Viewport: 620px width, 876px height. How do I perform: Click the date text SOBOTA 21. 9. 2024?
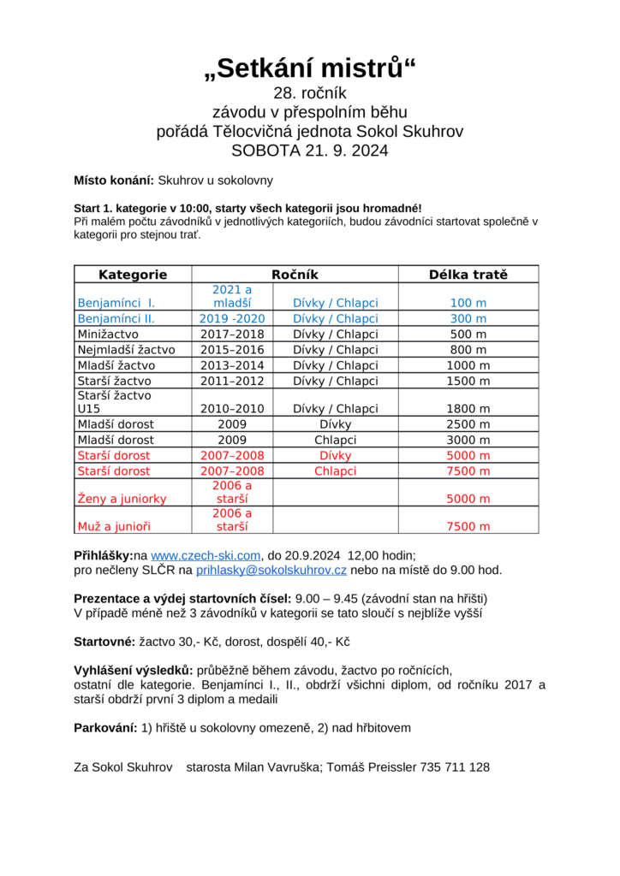[309, 151]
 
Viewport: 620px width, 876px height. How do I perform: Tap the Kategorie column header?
[133, 275]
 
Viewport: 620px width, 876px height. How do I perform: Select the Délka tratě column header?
[468, 275]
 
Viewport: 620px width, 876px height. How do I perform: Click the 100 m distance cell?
[468, 303]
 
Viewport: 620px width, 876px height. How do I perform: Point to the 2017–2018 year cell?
[232, 334]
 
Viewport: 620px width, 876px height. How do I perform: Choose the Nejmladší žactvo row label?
[126, 349]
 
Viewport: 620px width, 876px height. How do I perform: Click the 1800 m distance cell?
[468, 409]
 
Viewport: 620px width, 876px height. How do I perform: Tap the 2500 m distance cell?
[468, 424]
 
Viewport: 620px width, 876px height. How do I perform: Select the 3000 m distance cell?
[468, 440]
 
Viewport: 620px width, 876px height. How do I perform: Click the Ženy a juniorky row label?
[122, 499]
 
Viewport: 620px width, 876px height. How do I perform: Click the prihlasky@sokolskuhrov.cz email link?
[271, 570]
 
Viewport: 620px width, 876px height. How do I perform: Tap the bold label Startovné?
[104, 641]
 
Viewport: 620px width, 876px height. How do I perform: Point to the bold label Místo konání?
[114, 181]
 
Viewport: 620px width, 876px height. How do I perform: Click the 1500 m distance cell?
[468, 381]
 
